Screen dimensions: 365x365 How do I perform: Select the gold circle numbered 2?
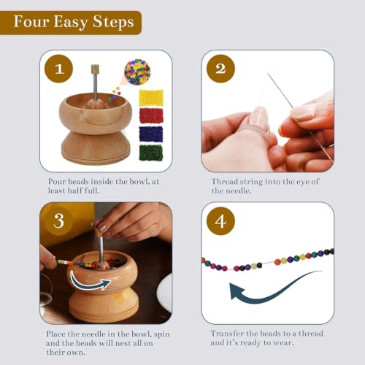click(220, 69)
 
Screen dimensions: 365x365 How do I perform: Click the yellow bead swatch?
click(151, 97)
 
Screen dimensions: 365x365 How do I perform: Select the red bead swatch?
click(151, 115)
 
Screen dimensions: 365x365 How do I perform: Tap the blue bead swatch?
click(151, 134)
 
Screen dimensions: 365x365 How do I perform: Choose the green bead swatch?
click(151, 152)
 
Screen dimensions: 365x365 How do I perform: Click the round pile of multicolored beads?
click(137, 72)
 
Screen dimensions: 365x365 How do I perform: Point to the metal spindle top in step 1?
click(94, 70)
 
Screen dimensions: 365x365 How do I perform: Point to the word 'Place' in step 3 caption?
click(60, 333)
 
